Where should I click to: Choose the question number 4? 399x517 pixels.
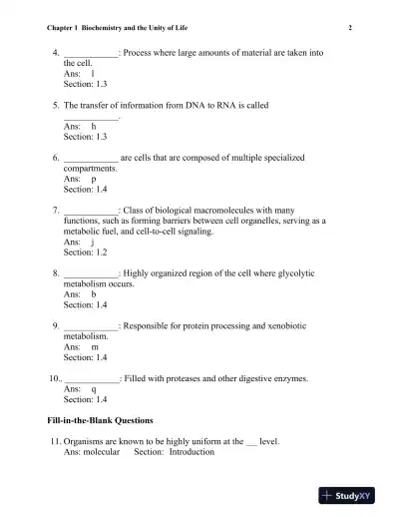point(54,51)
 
